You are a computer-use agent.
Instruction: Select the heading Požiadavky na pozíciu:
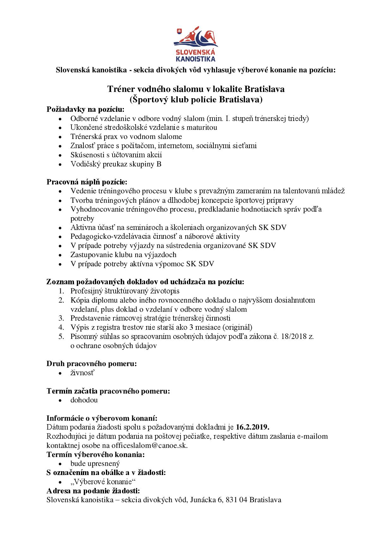86,109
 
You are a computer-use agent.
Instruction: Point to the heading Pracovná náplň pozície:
87,182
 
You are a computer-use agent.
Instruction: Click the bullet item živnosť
83,373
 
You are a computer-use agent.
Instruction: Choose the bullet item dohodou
84,400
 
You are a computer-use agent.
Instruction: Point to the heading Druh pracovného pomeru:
92,364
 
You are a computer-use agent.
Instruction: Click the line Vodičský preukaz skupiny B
116,164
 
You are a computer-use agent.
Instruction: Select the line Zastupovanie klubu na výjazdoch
123,255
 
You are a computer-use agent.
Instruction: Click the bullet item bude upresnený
95,464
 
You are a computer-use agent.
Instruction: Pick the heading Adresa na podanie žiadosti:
93,491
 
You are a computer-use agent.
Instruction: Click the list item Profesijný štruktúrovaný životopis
125,291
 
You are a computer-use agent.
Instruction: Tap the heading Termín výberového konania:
96,455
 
